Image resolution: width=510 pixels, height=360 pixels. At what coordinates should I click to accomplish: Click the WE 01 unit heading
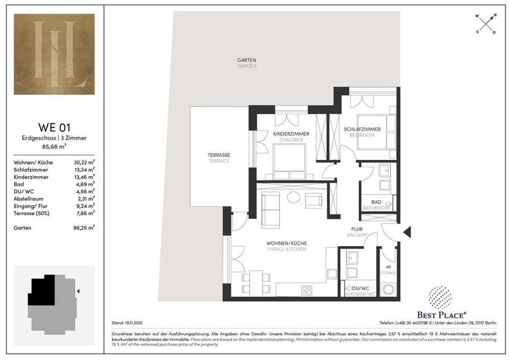54,127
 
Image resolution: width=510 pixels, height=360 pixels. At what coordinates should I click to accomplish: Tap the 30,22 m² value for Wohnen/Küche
84,162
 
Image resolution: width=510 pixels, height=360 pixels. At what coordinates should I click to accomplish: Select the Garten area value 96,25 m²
84,228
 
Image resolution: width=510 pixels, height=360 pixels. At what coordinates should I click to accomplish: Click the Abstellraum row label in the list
28,199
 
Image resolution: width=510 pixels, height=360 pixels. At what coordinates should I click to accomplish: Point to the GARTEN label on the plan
246,60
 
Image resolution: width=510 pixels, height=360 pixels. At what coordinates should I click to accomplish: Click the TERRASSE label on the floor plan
219,155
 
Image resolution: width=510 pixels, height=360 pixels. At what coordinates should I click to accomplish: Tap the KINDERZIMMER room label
291,134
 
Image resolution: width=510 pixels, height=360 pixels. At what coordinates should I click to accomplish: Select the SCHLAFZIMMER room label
362,129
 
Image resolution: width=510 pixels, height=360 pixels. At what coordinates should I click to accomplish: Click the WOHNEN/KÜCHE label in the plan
287,244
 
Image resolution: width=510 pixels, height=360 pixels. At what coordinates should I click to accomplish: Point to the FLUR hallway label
357,230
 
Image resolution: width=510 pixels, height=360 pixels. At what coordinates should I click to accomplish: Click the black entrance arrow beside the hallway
407,232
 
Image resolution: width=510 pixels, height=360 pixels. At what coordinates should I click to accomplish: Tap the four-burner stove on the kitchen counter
307,290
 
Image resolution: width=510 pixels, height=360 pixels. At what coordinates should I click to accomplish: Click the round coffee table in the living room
293,197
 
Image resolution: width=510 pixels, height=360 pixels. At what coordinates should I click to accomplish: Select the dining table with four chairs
256,282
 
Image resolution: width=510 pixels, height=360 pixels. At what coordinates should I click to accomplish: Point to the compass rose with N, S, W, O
486,24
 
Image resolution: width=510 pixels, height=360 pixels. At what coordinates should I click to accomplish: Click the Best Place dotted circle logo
440,298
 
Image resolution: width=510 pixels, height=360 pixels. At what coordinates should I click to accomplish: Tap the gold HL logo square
54,54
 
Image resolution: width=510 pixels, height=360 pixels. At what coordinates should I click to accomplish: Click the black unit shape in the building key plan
41,290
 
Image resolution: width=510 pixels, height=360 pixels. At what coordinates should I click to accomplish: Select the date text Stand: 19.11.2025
127,323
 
